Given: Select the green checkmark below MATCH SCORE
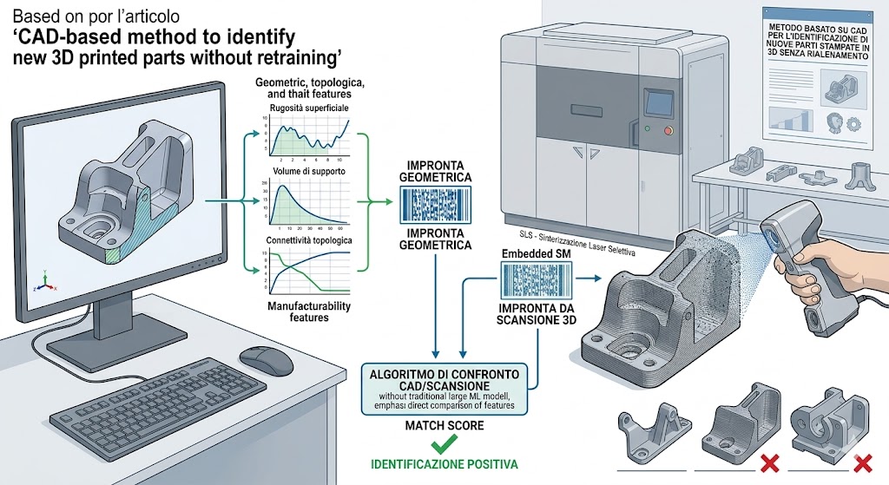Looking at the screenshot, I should (x=444, y=444).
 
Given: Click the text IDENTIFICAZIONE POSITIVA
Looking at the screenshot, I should (x=444, y=464).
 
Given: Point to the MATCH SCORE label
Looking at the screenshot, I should (x=444, y=426).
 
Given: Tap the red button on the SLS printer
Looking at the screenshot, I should (x=667, y=130).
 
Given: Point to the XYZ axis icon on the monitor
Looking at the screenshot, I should (x=40, y=283).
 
